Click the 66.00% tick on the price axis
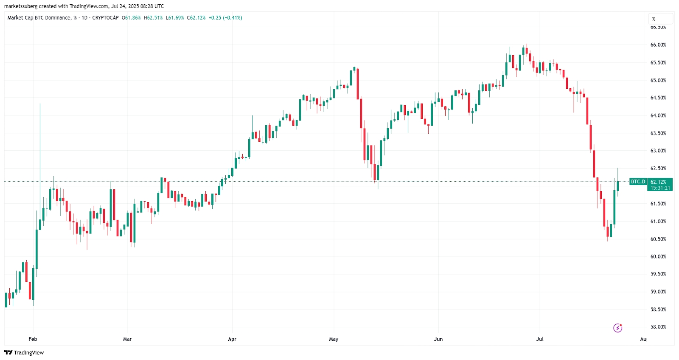(658, 45)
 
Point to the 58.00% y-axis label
(658, 327)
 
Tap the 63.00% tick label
(658, 151)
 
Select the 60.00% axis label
(658, 256)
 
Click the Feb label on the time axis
(33, 339)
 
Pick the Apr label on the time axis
(232, 339)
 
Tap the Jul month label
(540, 339)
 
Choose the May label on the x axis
(334, 339)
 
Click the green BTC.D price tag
(638, 182)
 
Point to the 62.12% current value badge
(659, 182)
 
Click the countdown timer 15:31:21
(660, 188)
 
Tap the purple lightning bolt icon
(618, 328)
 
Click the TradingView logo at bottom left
(24, 353)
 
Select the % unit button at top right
(660, 19)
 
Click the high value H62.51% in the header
(153, 18)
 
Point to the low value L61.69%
(175, 18)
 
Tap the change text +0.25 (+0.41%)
(225, 18)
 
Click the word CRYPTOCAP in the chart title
(105, 18)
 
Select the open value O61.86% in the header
(131, 18)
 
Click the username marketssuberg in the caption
(20, 6)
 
